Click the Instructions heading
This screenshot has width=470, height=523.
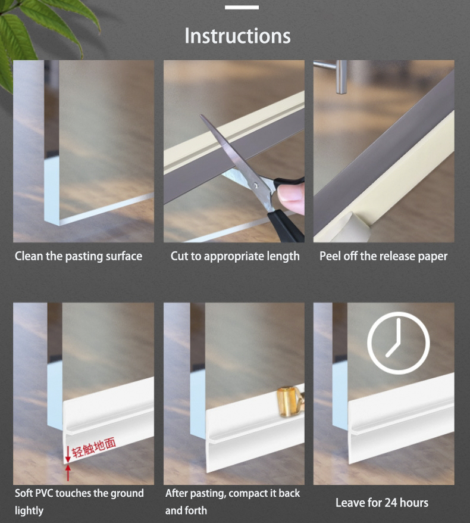[237, 36]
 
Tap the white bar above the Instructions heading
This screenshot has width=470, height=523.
[242, 7]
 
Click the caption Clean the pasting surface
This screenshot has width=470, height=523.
[79, 257]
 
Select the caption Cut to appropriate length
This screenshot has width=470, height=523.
[235, 257]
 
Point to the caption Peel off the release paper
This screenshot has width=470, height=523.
[383, 257]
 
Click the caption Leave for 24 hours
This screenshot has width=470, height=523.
[382, 503]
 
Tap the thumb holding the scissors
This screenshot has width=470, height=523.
[292, 197]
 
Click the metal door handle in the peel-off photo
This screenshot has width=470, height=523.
[341, 76]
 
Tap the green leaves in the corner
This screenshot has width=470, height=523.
[36, 30]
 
